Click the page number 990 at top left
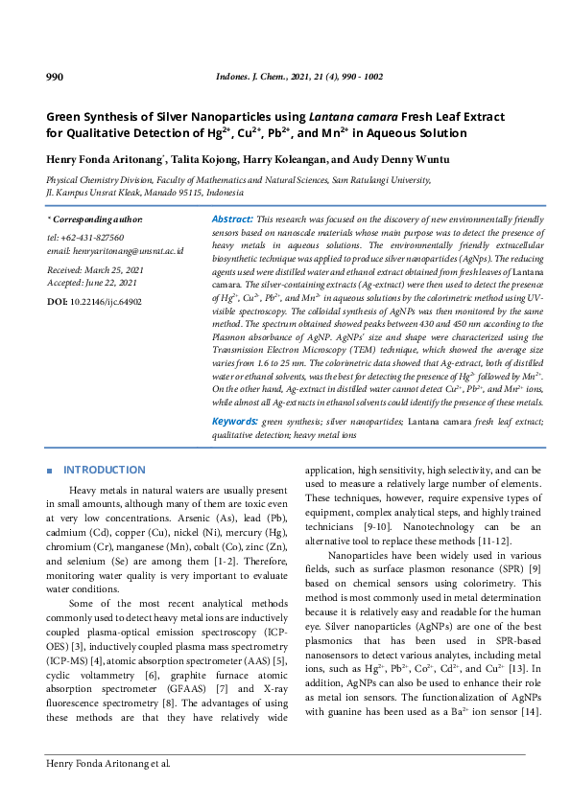[x=55, y=77]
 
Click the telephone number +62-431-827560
[x=91, y=237]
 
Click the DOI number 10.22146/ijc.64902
[x=106, y=301]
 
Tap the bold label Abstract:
[x=232, y=219]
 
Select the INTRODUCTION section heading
[x=104, y=470]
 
